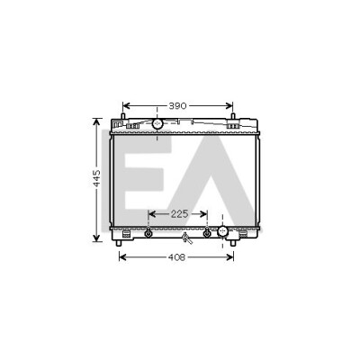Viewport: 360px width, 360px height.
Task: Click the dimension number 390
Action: [177, 106]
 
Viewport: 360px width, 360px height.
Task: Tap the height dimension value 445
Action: [96, 178]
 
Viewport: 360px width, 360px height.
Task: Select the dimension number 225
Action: [179, 214]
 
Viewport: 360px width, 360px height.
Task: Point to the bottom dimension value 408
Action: [176, 257]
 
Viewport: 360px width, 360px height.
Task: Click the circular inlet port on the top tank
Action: [157, 123]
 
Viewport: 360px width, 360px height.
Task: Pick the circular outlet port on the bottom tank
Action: [222, 231]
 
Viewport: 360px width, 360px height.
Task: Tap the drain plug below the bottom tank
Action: [187, 238]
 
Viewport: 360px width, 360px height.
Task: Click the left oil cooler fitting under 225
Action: [148, 233]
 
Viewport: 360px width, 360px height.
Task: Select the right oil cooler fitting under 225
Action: [207, 233]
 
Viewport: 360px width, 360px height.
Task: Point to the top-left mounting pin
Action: [122, 116]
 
